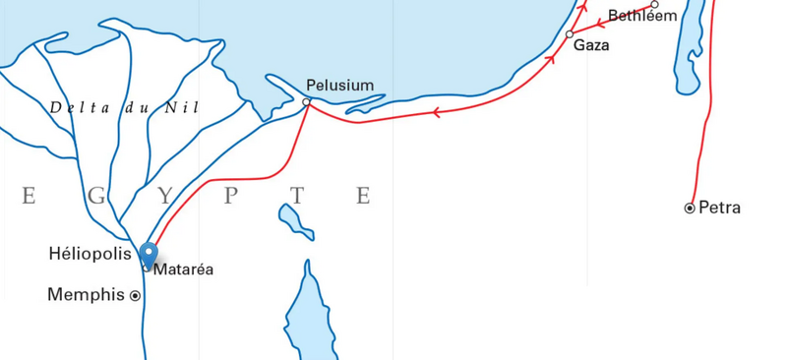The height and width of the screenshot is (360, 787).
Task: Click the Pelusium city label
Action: (339, 86)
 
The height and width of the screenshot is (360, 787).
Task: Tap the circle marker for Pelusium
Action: (307, 101)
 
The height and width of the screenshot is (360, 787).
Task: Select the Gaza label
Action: (591, 45)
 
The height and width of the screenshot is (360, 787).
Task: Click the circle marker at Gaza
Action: (570, 34)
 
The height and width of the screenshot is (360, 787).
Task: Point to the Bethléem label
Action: (642, 16)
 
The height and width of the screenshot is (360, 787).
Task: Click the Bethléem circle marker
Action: (654, 4)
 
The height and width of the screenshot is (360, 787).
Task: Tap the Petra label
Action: (719, 208)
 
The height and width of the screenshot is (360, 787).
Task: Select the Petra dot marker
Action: (690, 208)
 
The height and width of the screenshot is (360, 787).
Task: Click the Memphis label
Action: (87, 294)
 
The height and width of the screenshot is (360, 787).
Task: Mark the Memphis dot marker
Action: (135, 295)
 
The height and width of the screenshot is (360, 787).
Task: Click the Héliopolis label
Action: (90, 254)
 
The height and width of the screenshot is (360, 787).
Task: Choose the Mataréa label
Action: (183, 269)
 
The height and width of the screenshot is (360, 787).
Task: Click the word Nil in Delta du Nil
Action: (184, 107)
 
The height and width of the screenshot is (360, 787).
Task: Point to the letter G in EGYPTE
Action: (96, 196)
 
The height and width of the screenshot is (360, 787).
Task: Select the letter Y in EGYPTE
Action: (163, 196)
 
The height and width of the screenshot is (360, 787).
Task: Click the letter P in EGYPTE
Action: (231, 196)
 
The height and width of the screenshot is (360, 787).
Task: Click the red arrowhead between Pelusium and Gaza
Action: (435, 112)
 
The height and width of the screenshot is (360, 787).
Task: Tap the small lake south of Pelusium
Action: (293, 220)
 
